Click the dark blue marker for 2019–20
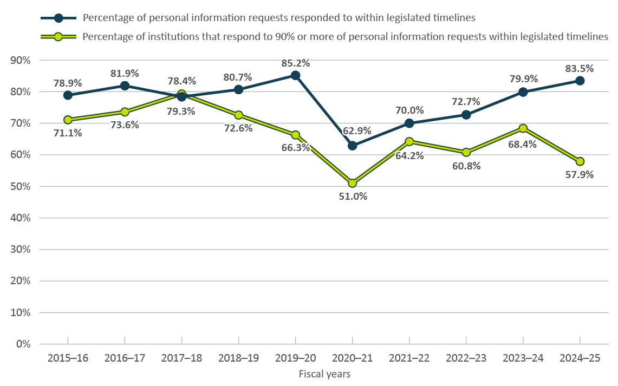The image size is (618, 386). click(x=295, y=75)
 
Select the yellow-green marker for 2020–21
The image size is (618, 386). click(x=353, y=183)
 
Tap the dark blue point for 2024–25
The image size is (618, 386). click(x=580, y=81)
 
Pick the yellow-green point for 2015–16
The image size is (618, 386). click(x=68, y=120)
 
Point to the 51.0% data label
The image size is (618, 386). click(x=353, y=197)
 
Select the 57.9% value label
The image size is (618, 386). click(x=580, y=175)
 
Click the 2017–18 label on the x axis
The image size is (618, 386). click(x=181, y=358)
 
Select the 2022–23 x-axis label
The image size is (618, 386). click(x=466, y=358)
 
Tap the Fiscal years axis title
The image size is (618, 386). click(x=324, y=374)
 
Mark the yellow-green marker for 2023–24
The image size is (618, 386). click(x=523, y=128)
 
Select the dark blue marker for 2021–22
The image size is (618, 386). click(x=409, y=123)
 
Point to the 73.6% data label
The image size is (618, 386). click(x=125, y=125)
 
